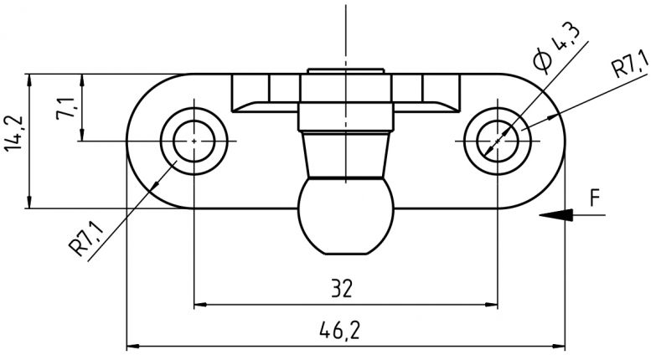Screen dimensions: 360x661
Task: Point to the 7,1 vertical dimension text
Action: pyautogui.click(x=66, y=109)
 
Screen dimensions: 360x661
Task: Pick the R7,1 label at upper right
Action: pyautogui.click(x=630, y=67)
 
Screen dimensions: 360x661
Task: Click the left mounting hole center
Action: pyautogui.click(x=194, y=141)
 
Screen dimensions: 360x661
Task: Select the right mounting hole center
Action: pyautogui.click(x=498, y=141)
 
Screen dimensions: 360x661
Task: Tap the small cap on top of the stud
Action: pyautogui.click(x=345, y=72)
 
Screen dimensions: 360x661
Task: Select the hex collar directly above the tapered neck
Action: pyautogui.click(x=345, y=116)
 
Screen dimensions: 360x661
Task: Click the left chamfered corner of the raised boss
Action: pyautogui.click(x=240, y=104)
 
